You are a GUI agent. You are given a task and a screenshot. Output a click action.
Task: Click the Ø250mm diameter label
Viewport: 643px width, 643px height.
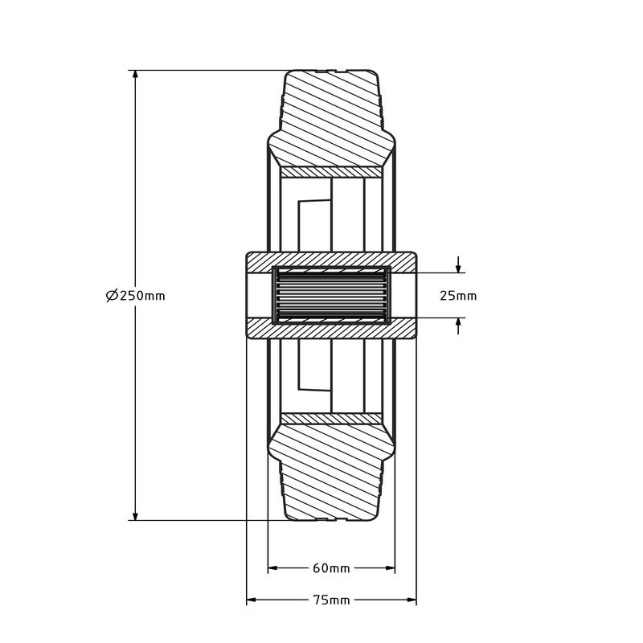click(135, 295)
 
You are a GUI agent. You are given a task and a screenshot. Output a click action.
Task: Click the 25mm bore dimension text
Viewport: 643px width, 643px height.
click(458, 296)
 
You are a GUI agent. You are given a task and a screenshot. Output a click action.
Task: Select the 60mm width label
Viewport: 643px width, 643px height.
click(331, 568)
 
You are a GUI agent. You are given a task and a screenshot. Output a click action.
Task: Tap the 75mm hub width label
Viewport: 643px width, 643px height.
click(331, 600)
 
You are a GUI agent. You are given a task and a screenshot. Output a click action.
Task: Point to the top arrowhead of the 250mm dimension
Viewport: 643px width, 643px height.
click(135, 75)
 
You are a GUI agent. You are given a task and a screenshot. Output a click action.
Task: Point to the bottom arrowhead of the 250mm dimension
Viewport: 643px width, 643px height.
click(135, 515)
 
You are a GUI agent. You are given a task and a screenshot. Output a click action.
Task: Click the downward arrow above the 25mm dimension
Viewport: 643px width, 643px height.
click(458, 265)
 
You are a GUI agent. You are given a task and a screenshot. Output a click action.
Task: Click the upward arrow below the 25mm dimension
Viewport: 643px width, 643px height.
click(458, 326)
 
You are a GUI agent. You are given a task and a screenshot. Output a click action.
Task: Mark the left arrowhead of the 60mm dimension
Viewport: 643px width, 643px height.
click(273, 568)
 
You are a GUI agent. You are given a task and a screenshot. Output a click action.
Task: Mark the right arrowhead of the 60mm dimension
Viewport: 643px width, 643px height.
click(390, 568)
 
